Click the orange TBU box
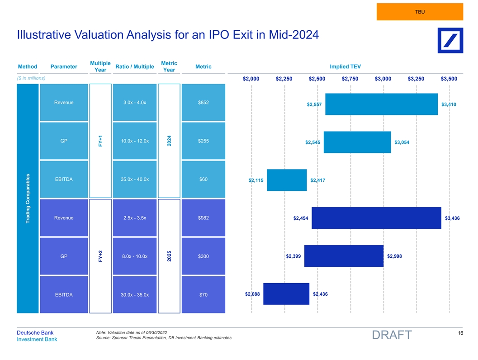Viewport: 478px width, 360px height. pyautogui.click(x=420, y=12)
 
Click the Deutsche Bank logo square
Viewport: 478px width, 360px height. pyautogui.click(x=450, y=40)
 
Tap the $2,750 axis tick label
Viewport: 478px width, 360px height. pyautogui.click(x=350, y=79)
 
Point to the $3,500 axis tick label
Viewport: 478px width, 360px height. pyautogui.click(x=449, y=79)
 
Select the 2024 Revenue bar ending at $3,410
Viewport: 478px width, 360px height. pyautogui.click(x=381, y=104)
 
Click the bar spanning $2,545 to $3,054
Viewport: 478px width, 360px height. pyautogui.click(x=357, y=142)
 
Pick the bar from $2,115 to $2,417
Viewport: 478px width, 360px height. pyautogui.click(x=287, y=180)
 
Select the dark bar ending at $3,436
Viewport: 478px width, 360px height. pyautogui.click(x=376, y=218)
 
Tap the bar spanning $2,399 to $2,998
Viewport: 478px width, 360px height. pyautogui.click(x=344, y=256)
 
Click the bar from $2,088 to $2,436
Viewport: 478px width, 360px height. pyautogui.click(x=286, y=294)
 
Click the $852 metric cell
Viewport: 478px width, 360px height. pyautogui.click(x=203, y=103)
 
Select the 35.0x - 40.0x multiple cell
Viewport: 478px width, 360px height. pyautogui.click(x=135, y=179)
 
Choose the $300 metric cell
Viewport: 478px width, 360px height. pyautogui.click(x=203, y=256)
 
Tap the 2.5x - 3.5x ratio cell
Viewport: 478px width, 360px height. pyautogui.click(x=135, y=218)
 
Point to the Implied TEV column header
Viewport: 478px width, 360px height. pyautogui.click(x=345, y=67)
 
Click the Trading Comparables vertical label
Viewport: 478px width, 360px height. pyautogui.click(x=28, y=199)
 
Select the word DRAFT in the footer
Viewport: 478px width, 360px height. pyautogui.click(x=392, y=335)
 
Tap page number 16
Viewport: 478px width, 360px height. pyautogui.click(x=459, y=333)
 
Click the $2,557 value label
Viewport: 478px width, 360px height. pyautogui.click(x=314, y=105)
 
